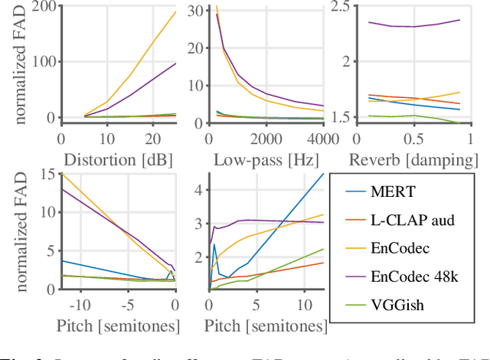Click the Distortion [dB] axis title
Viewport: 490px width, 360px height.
[x=117, y=159]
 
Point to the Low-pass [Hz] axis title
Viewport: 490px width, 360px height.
[x=264, y=159]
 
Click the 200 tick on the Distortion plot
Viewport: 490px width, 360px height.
[x=43, y=7]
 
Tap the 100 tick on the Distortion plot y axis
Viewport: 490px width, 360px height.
[x=43, y=63]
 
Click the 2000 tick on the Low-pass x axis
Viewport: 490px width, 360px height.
[x=265, y=139]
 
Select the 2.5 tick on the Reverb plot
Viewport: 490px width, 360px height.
[x=338, y=7]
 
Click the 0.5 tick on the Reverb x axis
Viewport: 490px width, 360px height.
[x=413, y=139]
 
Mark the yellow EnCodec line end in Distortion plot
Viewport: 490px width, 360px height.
[x=175, y=12]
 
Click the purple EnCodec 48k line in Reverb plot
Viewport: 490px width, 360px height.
[x=413, y=26]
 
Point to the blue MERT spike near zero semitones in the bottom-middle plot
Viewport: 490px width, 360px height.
[x=214, y=245]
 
